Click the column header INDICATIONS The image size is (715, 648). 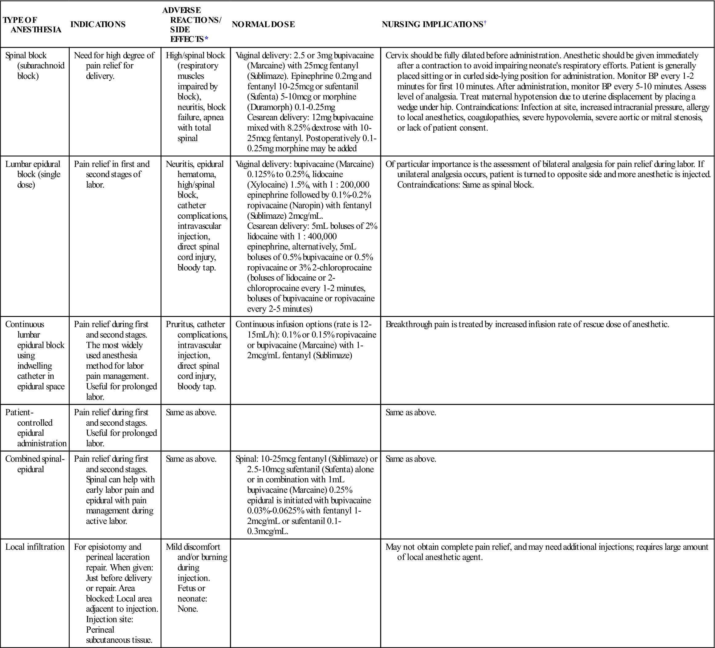pyautogui.click(x=98, y=24)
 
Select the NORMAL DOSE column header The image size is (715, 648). pyautogui.click(x=263, y=24)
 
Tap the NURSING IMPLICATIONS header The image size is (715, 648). pyautogui.click(x=432, y=24)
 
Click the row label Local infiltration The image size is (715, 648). pyautogui.click(x=35, y=547)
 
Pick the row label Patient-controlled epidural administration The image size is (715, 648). pyautogui.click(x=35, y=427)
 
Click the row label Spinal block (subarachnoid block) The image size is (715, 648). pyautogui.click(x=35, y=66)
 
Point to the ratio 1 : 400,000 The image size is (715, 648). pyautogui.click(x=317, y=237)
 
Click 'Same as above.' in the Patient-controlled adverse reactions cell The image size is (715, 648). pyautogui.click(x=191, y=412)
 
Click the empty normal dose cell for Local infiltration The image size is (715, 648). pyautogui.click(x=305, y=592)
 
